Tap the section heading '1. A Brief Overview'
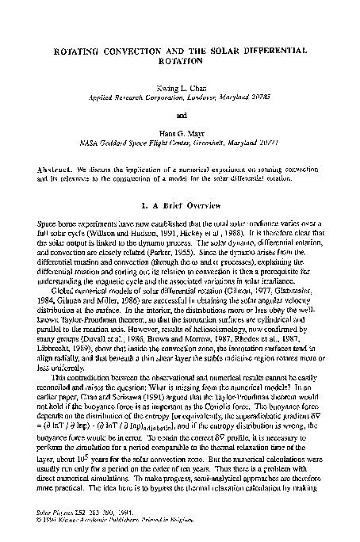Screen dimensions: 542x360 (x=179, y=206)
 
